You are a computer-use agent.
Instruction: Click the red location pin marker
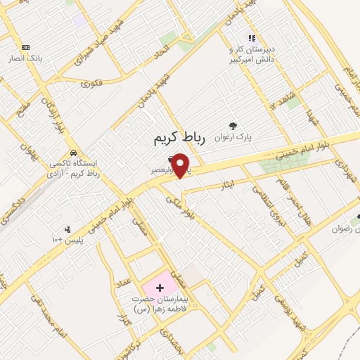(181, 165)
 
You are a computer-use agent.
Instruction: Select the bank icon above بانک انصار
(26, 47)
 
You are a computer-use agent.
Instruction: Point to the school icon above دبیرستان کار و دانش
(251, 39)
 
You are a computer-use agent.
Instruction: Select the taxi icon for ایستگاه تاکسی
(73, 153)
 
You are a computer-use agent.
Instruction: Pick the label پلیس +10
(67, 240)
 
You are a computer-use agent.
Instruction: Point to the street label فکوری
(91, 83)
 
